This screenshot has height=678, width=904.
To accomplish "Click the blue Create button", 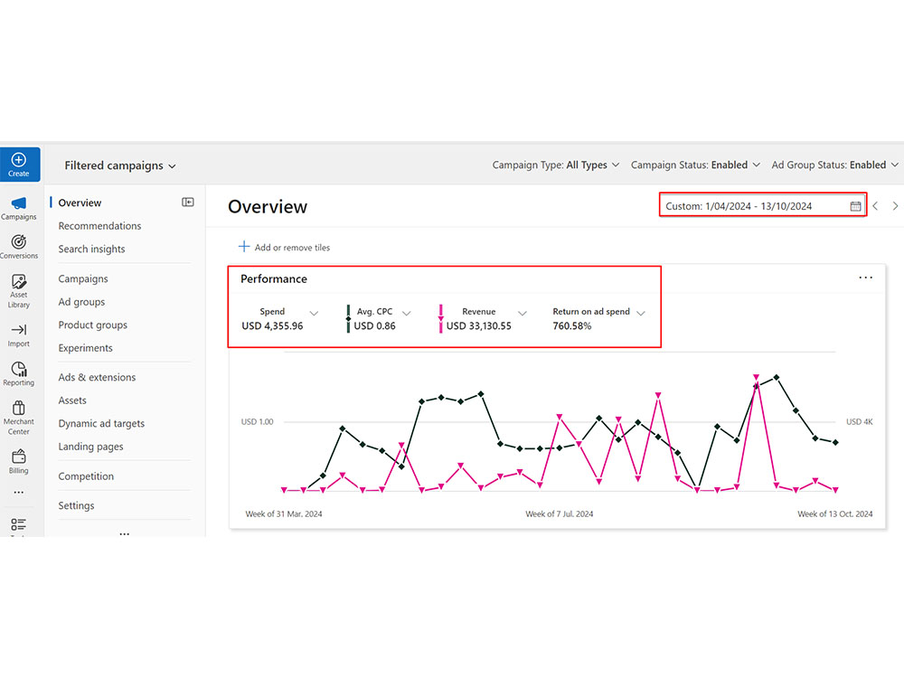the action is tap(20, 165).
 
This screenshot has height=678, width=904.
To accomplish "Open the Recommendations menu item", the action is tap(99, 226).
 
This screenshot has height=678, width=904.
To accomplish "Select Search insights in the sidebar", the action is tap(91, 250).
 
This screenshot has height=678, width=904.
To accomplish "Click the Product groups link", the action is tap(93, 325).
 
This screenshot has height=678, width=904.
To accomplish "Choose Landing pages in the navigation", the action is tap(90, 447).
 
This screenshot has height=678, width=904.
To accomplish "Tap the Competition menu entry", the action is tap(86, 476).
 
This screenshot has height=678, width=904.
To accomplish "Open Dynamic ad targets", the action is tap(101, 423).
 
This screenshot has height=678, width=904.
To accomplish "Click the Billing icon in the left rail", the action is tap(18, 457).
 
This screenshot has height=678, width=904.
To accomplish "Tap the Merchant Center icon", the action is tap(18, 409).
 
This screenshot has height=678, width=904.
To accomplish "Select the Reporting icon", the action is tap(18, 369).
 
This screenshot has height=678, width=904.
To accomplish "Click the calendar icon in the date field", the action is tap(855, 206).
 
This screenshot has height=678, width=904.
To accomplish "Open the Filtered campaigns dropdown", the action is tap(120, 165).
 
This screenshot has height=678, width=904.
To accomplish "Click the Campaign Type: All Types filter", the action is tap(556, 165).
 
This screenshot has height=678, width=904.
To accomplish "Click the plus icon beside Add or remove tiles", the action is tap(244, 247).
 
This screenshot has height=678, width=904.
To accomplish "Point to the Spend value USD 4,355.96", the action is tap(272, 325).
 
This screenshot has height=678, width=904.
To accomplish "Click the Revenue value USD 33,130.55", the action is tap(478, 325).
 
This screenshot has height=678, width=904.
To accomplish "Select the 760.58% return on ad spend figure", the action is tap(572, 325).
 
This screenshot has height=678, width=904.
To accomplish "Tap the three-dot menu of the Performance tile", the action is tap(865, 278).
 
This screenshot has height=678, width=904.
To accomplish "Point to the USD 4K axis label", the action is tap(859, 421).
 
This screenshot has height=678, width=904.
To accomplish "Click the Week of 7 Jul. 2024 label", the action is tap(560, 513).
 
